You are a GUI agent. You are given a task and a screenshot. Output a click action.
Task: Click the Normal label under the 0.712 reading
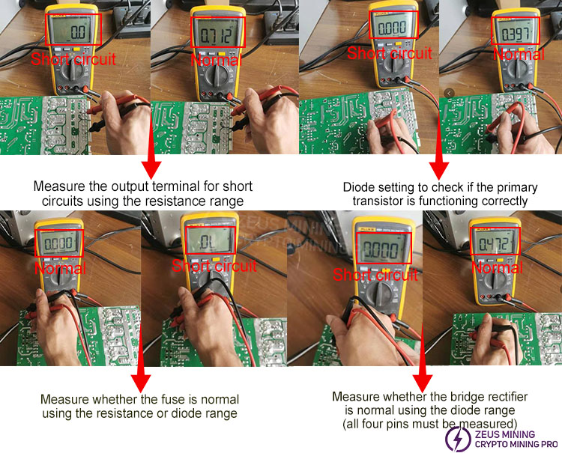point(217,59)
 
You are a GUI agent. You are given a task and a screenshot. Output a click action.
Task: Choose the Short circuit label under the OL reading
point(214,266)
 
